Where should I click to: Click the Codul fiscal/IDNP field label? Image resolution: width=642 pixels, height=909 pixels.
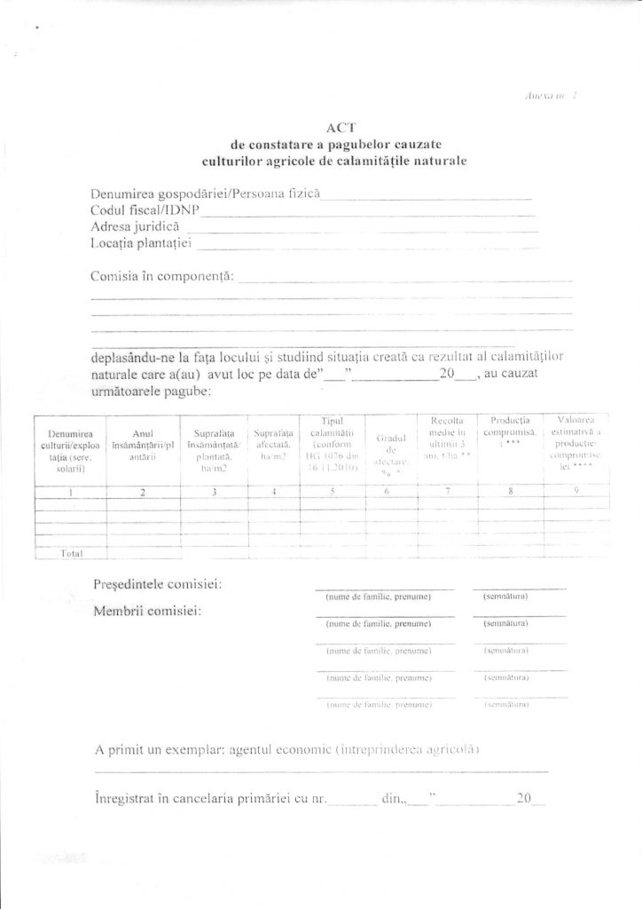coord(145,210)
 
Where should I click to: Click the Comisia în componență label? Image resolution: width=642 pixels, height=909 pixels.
coord(162,276)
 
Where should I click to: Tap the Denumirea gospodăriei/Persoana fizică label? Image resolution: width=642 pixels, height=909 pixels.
coord(204,194)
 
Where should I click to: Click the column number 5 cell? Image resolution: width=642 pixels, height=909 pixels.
coord(333,492)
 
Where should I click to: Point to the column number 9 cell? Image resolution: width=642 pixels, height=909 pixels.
coord(576,492)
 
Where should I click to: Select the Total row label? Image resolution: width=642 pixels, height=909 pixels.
coord(71,552)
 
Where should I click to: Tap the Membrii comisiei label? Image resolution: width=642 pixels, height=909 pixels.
coord(146,612)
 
